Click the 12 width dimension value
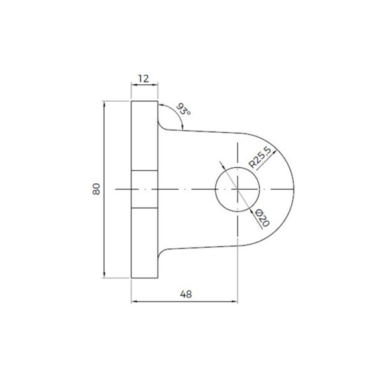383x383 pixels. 143,79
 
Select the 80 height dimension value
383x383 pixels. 96,189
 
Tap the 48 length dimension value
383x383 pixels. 186,294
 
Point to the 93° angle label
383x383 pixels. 184,109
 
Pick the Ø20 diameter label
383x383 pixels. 262,218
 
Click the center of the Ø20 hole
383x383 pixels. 237,189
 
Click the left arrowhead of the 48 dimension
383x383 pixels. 133,302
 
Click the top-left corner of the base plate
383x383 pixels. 131,101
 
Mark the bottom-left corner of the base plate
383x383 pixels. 131,278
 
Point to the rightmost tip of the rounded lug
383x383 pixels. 295,189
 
